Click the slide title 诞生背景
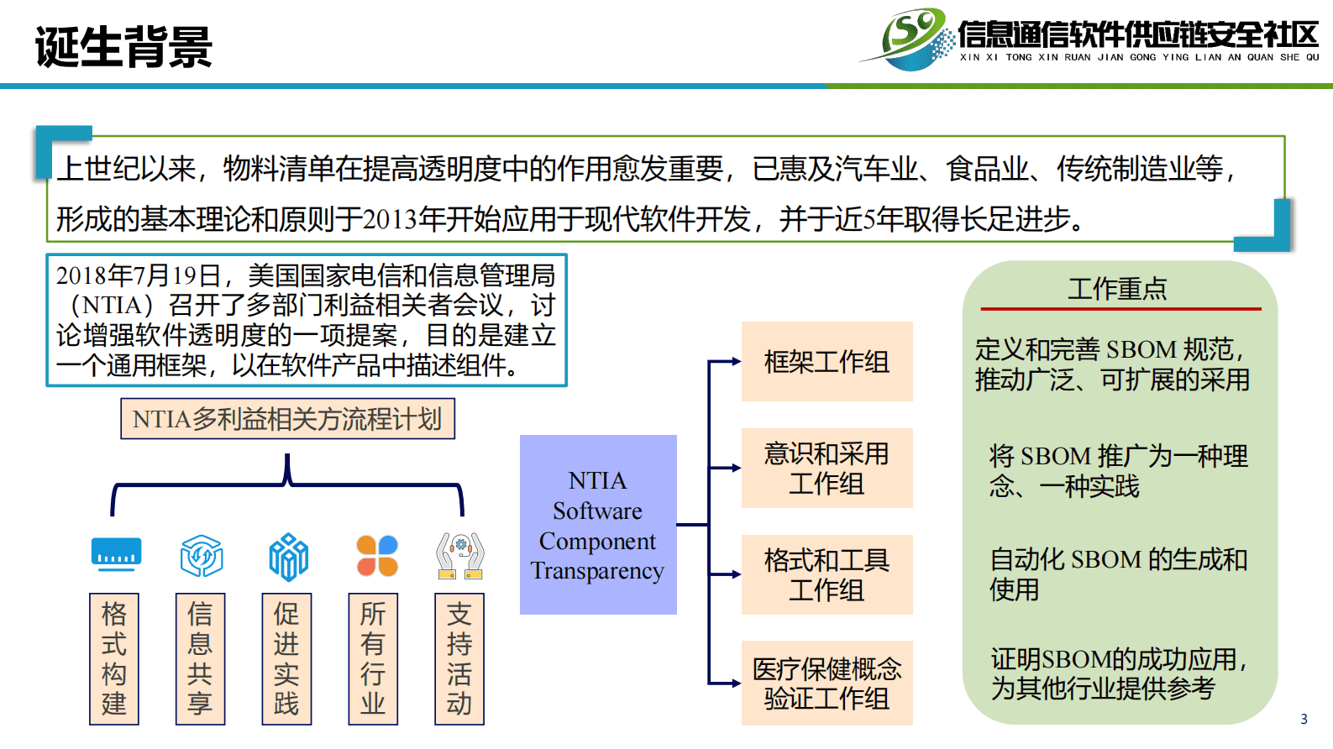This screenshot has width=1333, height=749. click(123, 47)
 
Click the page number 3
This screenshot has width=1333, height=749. click(1304, 719)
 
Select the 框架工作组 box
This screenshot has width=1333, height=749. click(827, 362)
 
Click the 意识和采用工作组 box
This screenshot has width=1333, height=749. click(827, 469)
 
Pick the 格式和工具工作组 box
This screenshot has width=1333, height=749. click(827, 575)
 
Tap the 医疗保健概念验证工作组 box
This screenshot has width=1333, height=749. click(827, 684)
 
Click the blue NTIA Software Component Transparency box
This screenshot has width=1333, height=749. click(598, 525)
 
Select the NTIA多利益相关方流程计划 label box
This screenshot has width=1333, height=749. click(287, 419)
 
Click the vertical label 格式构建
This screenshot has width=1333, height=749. click(114, 659)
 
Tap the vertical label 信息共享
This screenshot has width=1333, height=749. click(200, 659)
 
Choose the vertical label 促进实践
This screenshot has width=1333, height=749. click(286, 659)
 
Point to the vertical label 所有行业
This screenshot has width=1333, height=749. click(373, 659)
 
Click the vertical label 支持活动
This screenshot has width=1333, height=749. click(459, 659)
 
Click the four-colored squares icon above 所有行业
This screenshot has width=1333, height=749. click(377, 556)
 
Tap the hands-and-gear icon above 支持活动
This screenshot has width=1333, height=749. click(460, 556)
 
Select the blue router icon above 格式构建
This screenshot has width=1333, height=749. click(116, 554)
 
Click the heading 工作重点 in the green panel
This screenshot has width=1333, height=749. click(1117, 289)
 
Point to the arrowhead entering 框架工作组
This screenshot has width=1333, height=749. click(736, 362)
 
